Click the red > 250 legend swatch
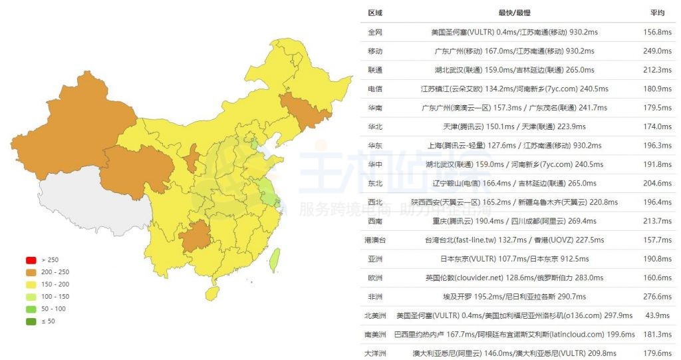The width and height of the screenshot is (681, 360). coord(31,260)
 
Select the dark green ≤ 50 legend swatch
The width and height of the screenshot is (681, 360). coord(31,321)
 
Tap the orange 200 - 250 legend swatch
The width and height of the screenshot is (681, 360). coord(31,271)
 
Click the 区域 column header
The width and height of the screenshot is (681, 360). coord(375,13)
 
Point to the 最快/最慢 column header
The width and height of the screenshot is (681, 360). coord(514,13)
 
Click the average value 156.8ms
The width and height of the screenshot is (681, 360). coord(657,32)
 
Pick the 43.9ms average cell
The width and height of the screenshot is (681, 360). coord(657,315)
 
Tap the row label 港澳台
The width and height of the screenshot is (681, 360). coord(375,240)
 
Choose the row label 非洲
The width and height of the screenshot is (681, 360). coord(375,296)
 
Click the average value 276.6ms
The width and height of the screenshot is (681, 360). coord(657,296)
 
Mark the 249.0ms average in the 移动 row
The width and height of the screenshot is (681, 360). coord(657,51)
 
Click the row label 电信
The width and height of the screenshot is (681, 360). coord(375,89)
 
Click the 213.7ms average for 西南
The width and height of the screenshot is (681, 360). coord(657,221)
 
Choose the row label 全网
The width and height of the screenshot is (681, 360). coord(375,32)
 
